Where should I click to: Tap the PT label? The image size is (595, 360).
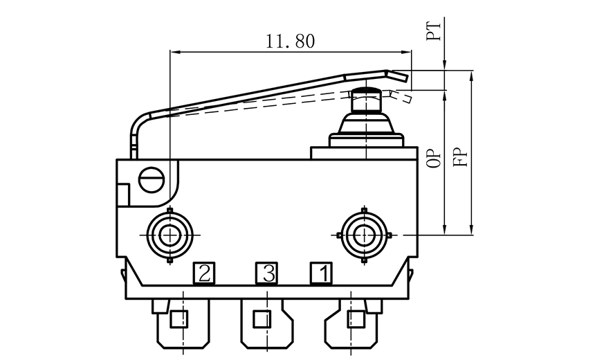pyautogui.click(x=434, y=31)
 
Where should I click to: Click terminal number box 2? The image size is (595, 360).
pyautogui.click(x=203, y=273)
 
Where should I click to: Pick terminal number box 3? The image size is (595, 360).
pyautogui.click(x=267, y=273)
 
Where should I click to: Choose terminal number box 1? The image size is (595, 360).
pyautogui.click(x=320, y=273)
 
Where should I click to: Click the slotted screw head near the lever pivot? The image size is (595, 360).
pyautogui.click(x=152, y=179)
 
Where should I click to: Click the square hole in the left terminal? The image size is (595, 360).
pyautogui.click(x=178, y=319)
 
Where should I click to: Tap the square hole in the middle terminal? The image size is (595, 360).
pyautogui.click(x=262, y=319)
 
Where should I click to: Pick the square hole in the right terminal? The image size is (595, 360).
pyautogui.click(x=356, y=319)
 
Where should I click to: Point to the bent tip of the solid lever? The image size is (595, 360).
pyautogui.click(x=398, y=74)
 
